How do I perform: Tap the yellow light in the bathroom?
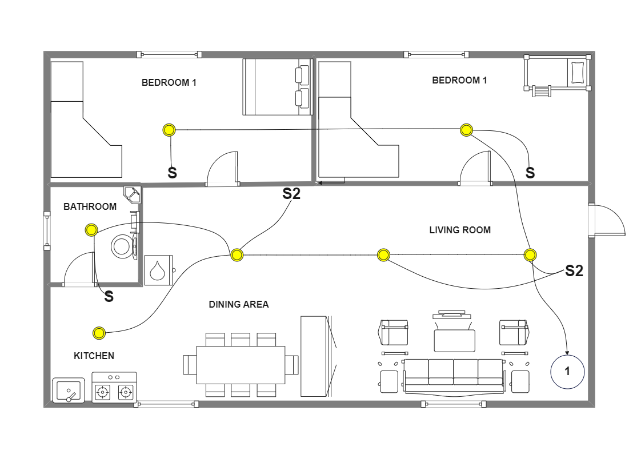(91, 230)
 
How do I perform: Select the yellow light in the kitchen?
(99, 333)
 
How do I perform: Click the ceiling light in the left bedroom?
(169, 130)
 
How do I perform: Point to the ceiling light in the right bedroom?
(466, 130)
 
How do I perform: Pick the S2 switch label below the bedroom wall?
(291, 194)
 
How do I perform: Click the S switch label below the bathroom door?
(109, 297)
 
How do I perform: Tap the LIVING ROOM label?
(460, 230)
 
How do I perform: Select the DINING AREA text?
(238, 304)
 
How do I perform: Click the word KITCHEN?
(94, 356)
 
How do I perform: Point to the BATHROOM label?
(90, 206)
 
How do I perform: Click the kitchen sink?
(69, 391)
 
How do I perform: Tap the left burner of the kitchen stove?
(103, 392)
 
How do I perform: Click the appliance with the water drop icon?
(159, 270)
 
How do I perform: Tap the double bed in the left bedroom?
(277, 87)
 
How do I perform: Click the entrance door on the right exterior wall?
(607, 220)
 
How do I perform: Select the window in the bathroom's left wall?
(47, 231)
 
